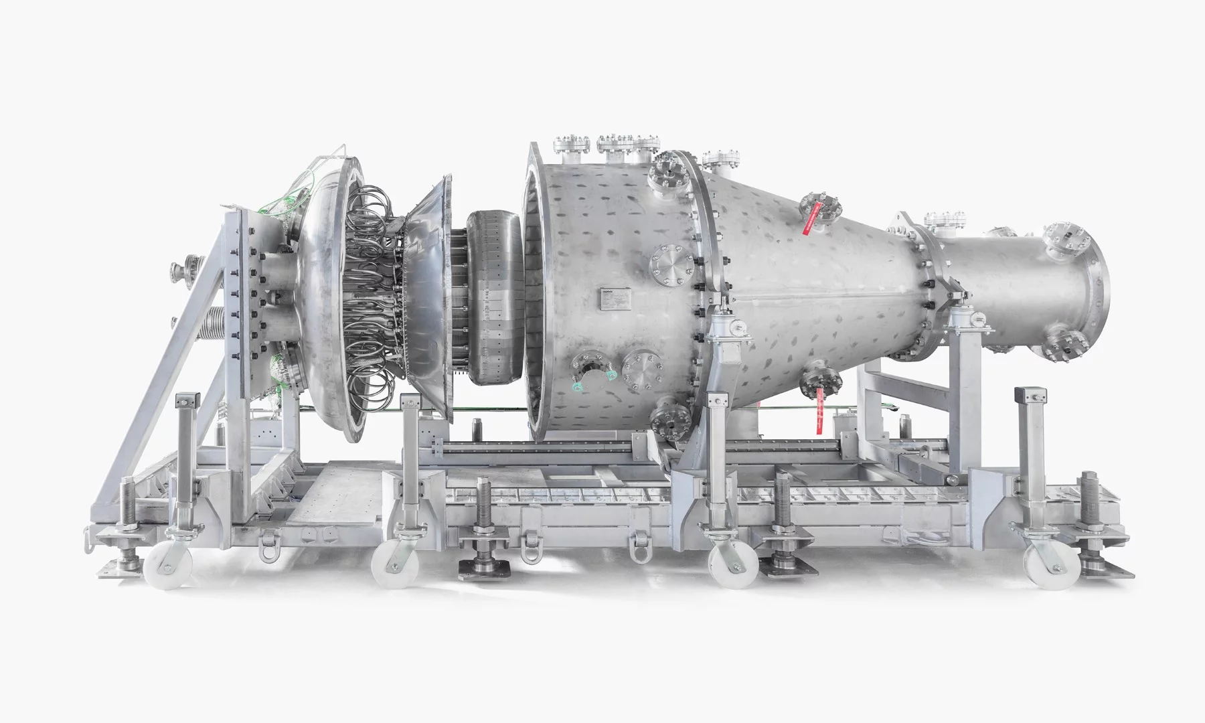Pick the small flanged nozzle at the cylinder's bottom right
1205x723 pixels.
(666, 418)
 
